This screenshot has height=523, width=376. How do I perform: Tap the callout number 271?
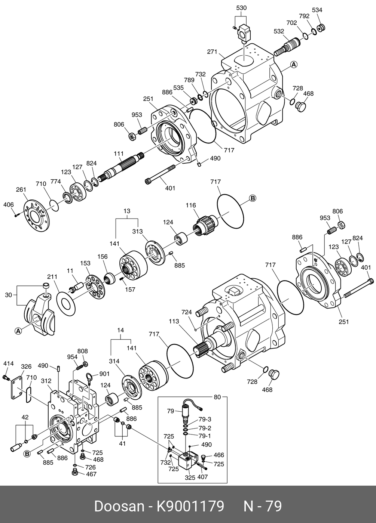[x=212, y=52]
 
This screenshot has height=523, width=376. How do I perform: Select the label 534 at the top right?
[x=317, y=10]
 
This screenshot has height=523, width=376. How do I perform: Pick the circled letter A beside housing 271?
[x=294, y=65]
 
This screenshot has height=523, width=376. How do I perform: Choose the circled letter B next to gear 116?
[x=252, y=198]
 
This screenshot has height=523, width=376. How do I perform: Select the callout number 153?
[x=85, y=263]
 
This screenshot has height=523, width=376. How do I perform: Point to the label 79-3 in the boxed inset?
[x=205, y=420]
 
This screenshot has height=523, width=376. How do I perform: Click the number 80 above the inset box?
[x=217, y=397]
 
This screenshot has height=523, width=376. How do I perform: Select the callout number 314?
[x=114, y=361]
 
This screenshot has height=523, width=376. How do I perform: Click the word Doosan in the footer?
[x=119, y=506]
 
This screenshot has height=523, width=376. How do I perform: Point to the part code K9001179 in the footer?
[x=190, y=506]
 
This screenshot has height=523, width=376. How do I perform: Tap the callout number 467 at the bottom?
[x=91, y=474]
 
